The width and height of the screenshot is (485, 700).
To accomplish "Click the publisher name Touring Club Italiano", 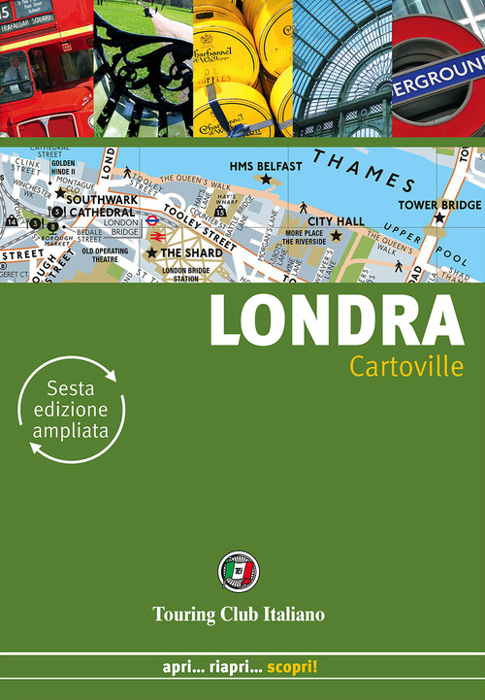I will tap(238, 613).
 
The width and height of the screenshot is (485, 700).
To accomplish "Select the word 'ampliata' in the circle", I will tap(70, 428).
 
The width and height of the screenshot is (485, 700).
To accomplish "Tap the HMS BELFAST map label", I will tap(266, 165).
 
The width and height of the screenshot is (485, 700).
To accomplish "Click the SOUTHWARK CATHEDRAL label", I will tap(99, 205).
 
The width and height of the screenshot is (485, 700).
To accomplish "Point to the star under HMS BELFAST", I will tap(265, 180).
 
